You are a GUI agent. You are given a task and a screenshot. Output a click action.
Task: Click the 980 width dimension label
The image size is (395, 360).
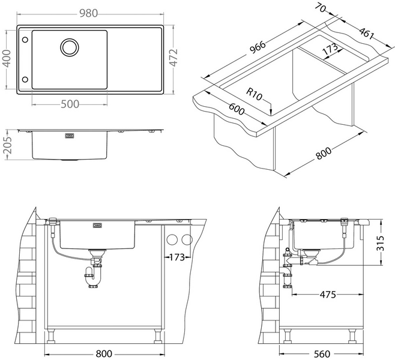(x=88, y=13)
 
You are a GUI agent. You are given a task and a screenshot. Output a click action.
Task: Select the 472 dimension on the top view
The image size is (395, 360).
(x=173, y=58)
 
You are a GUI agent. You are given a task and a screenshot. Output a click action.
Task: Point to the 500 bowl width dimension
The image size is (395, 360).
(x=70, y=104)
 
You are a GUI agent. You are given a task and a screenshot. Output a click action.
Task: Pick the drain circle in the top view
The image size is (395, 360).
(x=70, y=47)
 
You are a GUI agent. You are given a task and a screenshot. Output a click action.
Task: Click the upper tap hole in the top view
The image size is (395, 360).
(x=25, y=40)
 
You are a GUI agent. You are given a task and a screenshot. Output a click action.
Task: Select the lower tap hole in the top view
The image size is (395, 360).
(x=25, y=80)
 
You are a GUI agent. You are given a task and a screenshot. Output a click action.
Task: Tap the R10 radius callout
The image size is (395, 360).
(x=254, y=94)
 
